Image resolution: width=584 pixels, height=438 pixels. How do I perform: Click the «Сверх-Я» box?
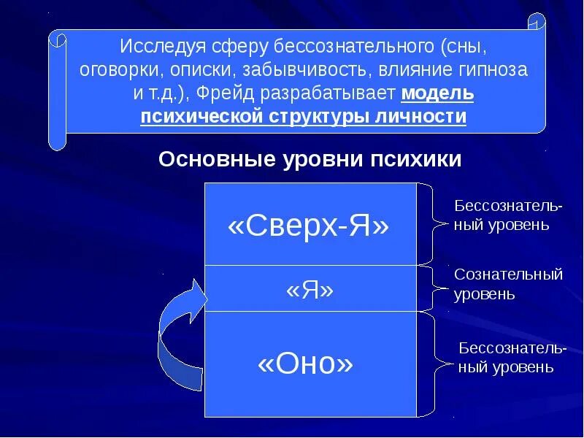coord(310,225)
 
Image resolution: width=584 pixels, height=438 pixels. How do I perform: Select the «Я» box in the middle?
coord(310,289)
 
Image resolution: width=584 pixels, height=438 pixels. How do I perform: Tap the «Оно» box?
coord(310,364)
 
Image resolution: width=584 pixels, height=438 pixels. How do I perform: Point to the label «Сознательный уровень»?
coord(507,285)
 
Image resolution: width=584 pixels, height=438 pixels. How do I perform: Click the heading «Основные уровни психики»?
coord(310,159)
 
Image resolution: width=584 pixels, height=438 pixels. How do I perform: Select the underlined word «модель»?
coord(437,94)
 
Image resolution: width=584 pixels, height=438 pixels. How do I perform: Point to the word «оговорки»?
coord(113,71)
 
